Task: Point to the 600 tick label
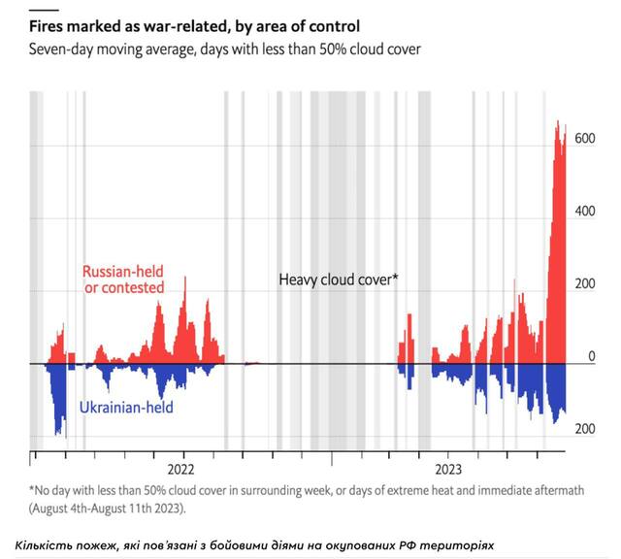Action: pyautogui.click(x=586, y=139)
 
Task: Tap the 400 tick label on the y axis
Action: pyautogui.click(x=586, y=211)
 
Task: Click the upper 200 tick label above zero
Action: pyautogui.click(x=586, y=284)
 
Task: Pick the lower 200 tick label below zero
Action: pyautogui.click(x=586, y=429)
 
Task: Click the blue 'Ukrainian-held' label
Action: pyautogui.click(x=127, y=408)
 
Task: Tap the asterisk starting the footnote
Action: pyautogui.click(x=31, y=489)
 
